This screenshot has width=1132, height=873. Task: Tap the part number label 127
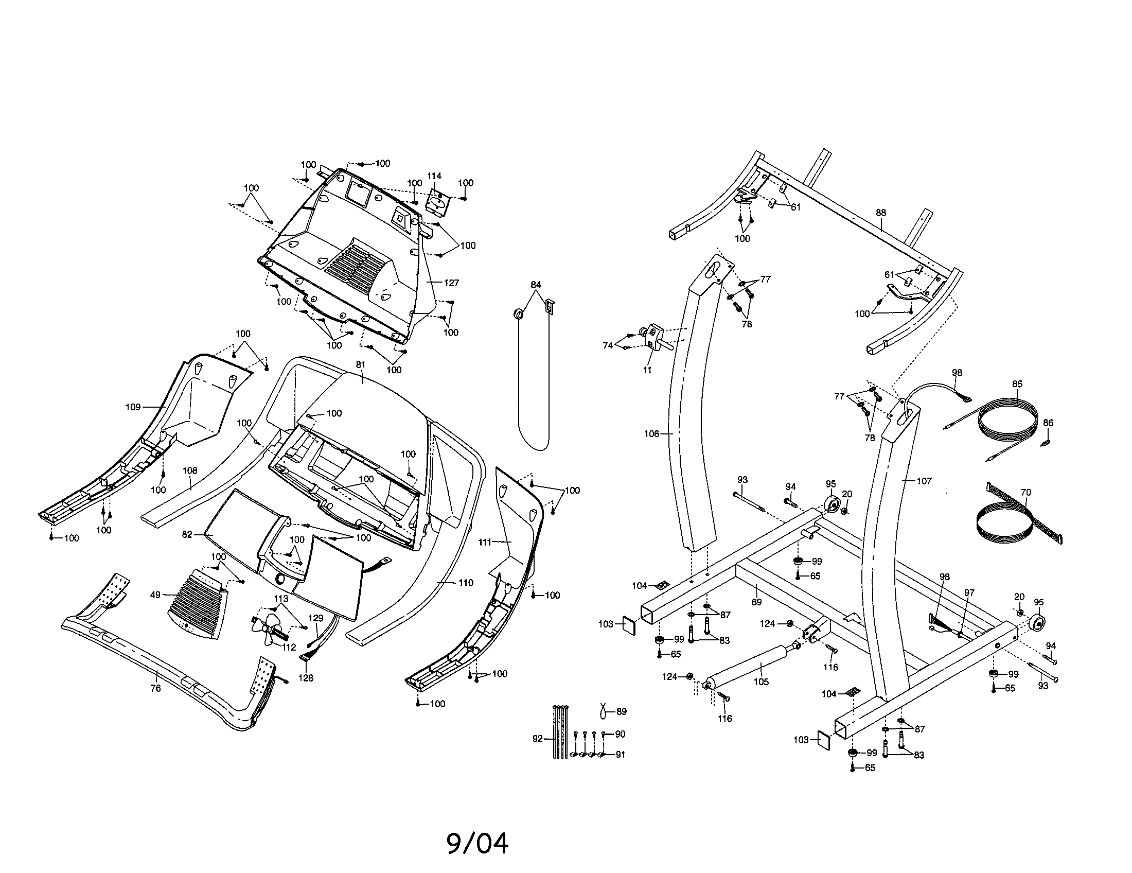pyautogui.click(x=451, y=283)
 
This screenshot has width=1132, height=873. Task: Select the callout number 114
pyautogui.click(x=434, y=176)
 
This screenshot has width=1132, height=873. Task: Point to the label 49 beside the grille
pyautogui.click(x=155, y=595)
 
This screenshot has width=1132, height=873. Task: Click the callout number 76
pyautogui.click(x=155, y=688)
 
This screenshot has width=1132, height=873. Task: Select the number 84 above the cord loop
pyautogui.click(x=536, y=285)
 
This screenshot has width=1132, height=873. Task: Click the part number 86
pyautogui.click(x=1048, y=423)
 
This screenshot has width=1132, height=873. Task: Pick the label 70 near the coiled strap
pyautogui.click(x=1025, y=493)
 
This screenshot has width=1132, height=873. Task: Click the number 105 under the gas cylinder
pyautogui.click(x=761, y=682)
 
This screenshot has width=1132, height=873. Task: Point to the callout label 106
pyautogui.click(x=651, y=434)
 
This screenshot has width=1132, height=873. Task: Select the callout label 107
pyautogui.click(x=924, y=481)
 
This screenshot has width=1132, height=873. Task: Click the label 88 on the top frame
pyautogui.click(x=881, y=213)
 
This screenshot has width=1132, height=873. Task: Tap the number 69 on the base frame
pyautogui.click(x=757, y=602)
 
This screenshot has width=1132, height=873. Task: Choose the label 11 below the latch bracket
pyautogui.click(x=647, y=370)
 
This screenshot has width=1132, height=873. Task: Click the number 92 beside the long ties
pyautogui.click(x=538, y=739)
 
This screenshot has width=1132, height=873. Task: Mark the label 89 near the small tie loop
pyautogui.click(x=622, y=712)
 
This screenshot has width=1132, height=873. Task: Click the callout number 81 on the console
pyautogui.click(x=361, y=365)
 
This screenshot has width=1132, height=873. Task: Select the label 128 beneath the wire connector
pyautogui.click(x=306, y=678)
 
